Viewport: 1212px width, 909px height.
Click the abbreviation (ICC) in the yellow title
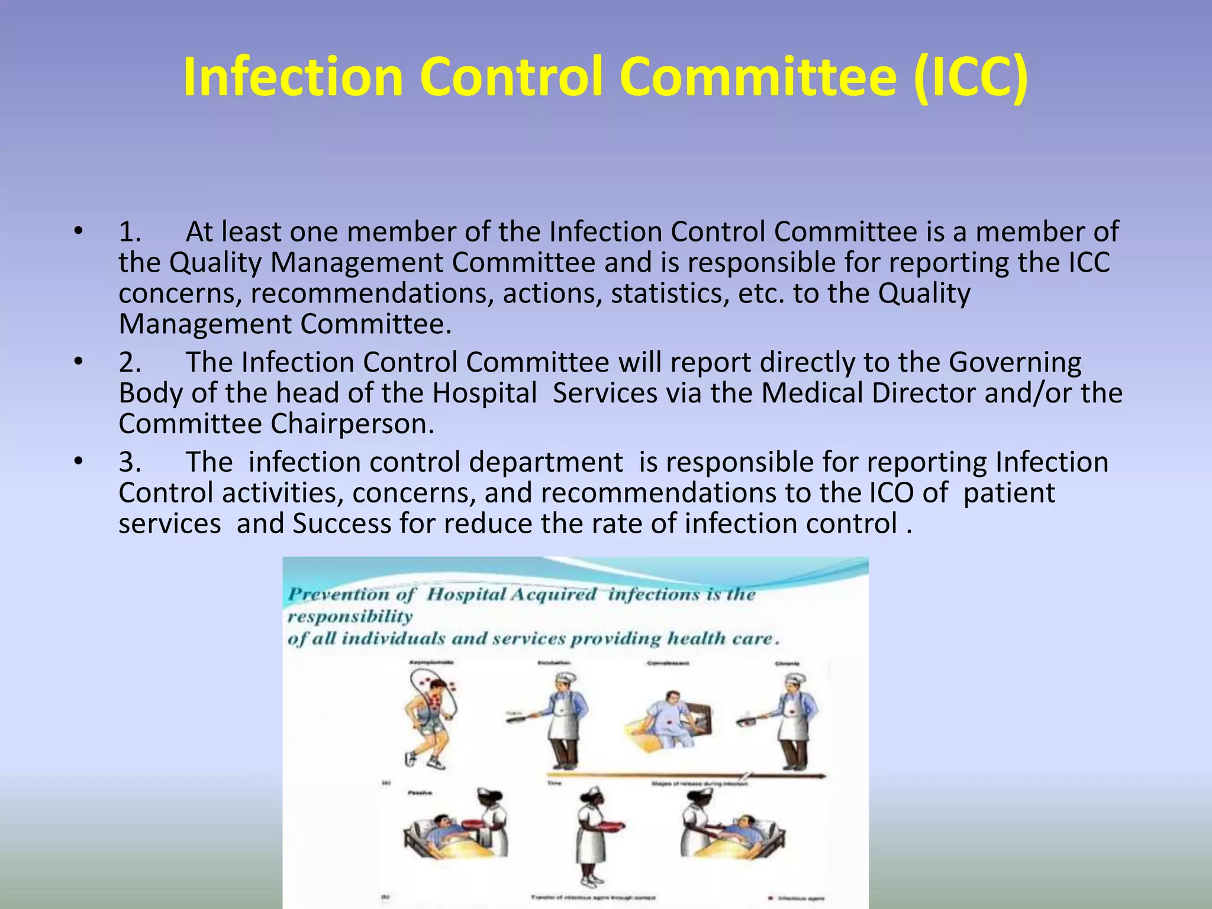point(970,77)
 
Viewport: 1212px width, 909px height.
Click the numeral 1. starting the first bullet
point(130,232)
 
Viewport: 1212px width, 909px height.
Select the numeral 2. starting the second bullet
point(130,363)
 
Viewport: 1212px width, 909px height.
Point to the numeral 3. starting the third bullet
point(130,463)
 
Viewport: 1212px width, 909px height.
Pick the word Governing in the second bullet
point(1015,363)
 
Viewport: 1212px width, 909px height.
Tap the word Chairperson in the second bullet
point(352,424)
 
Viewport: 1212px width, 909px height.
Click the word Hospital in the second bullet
point(485,394)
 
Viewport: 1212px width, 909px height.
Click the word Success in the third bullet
point(342,524)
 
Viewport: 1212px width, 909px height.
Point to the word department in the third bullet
point(546,463)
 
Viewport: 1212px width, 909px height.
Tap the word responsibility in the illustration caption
point(350,617)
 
